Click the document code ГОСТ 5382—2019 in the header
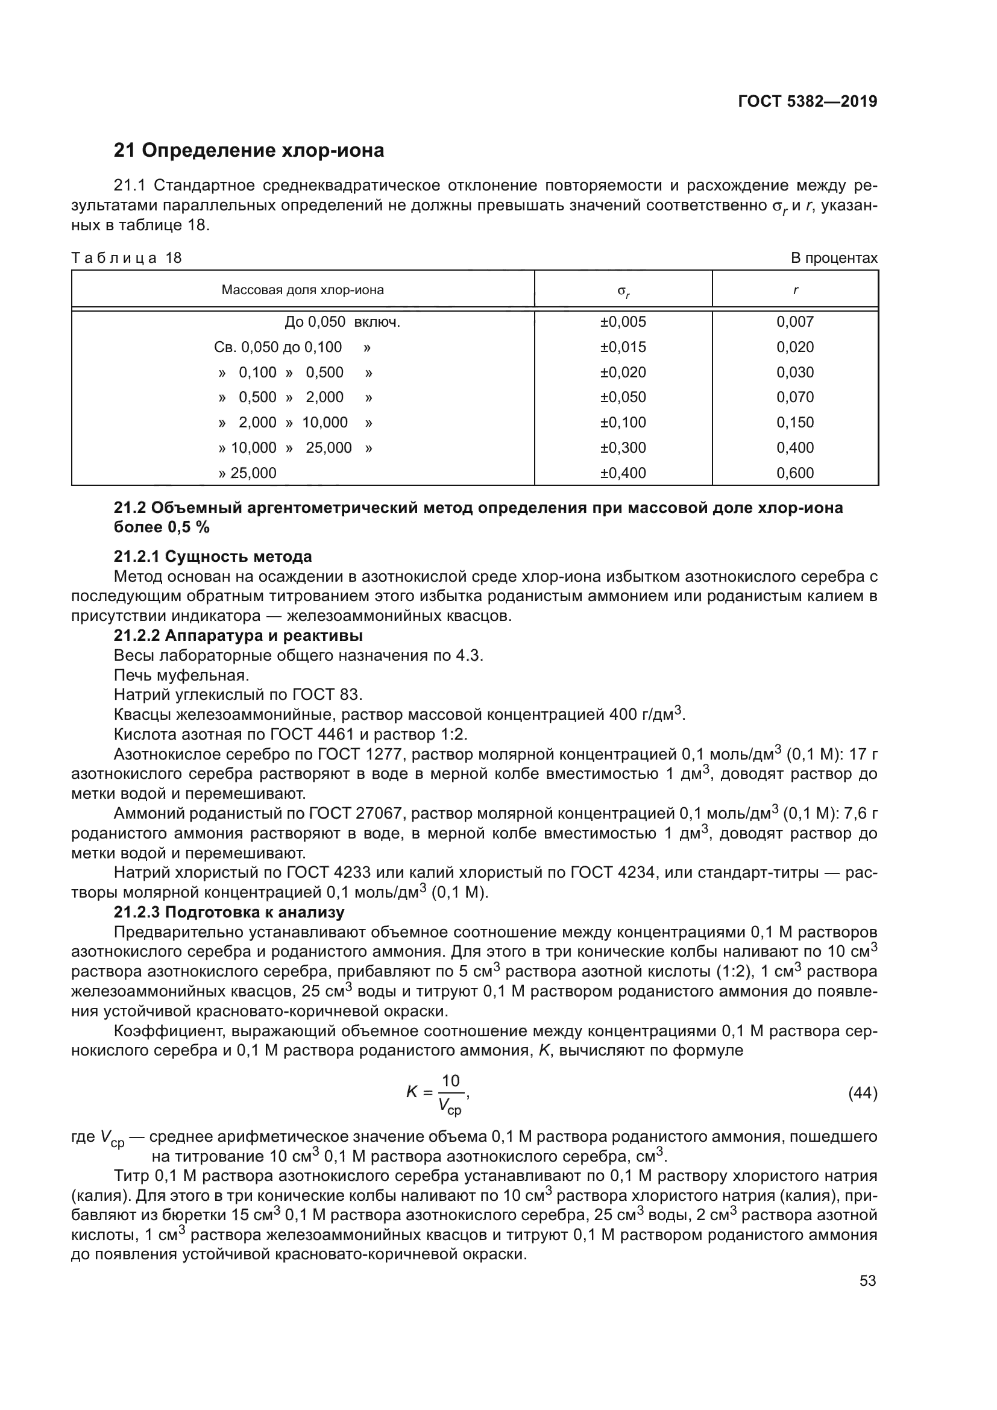(x=807, y=102)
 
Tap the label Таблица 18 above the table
(x=127, y=258)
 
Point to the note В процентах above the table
(x=834, y=258)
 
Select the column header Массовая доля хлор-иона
(x=303, y=290)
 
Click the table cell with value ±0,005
(x=623, y=322)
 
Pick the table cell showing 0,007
(x=794, y=322)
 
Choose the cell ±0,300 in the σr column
(x=623, y=448)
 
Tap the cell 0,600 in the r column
(x=794, y=473)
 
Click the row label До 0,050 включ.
(x=342, y=322)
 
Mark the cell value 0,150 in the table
(x=794, y=423)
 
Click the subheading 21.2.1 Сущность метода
(x=212, y=556)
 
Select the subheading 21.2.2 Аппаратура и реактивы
(x=238, y=635)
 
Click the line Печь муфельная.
(x=181, y=676)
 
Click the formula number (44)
(x=862, y=1093)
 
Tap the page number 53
(x=867, y=1281)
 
